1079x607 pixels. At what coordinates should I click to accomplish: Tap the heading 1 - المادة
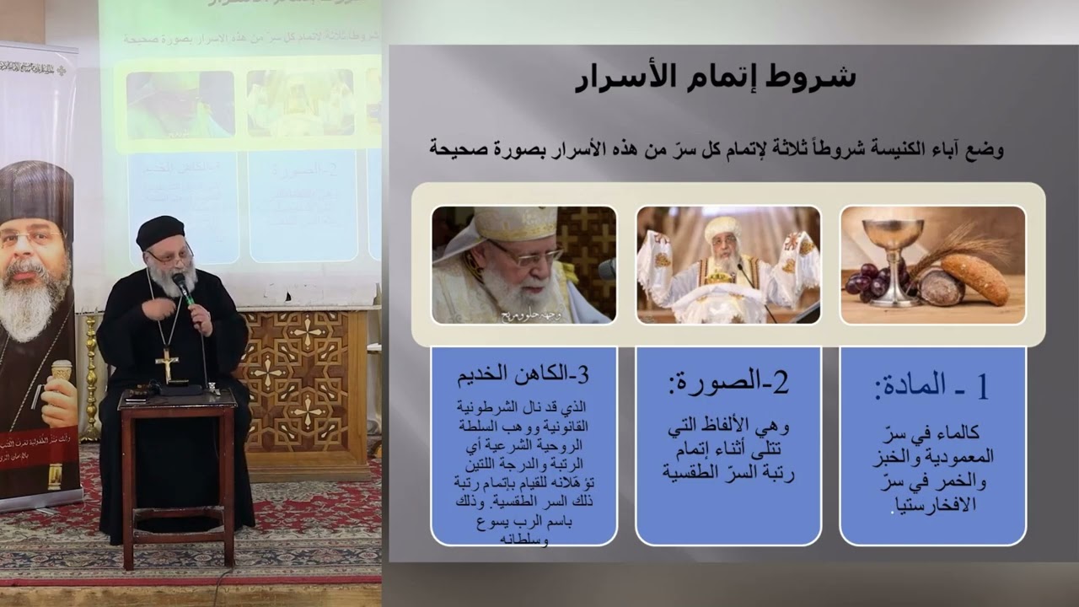[x=931, y=385]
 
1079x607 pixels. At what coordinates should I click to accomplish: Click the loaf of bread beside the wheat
[x=974, y=278]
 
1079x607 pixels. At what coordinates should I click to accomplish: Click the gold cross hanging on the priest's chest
[x=168, y=363]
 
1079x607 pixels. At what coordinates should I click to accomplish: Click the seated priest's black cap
[x=160, y=232]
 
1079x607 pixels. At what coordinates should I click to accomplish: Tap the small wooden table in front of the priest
[x=178, y=472]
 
